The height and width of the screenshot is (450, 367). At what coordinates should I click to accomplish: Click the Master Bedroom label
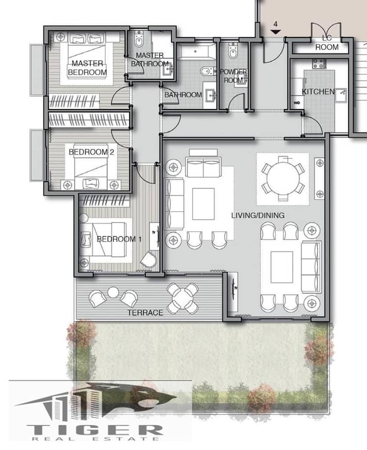(x=87, y=68)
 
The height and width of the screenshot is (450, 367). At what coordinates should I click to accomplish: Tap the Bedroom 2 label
(x=91, y=152)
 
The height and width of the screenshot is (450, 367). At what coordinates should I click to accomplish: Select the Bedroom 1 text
(x=119, y=239)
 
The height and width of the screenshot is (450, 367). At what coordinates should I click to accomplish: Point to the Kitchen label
(x=318, y=92)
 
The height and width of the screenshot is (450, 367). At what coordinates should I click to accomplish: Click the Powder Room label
(x=233, y=76)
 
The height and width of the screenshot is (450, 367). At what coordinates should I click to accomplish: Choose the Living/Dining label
(x=258, y=215)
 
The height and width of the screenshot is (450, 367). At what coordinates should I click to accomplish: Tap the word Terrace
(x=145, y=312)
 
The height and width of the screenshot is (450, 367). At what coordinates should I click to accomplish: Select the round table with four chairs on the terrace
(x=183, y=299)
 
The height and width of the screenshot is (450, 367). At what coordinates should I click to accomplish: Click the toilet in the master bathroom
(x=139, y=40)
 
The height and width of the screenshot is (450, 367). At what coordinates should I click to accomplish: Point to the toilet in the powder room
(x=233, y=51)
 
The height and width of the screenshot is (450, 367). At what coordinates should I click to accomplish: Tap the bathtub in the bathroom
(x=196, y=52)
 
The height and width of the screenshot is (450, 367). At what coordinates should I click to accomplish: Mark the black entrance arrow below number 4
(x=275, y=32)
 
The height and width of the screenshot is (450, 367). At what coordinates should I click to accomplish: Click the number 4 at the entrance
(x=275, y=24)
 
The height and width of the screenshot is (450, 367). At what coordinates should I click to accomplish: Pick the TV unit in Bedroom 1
(x=154, y=236)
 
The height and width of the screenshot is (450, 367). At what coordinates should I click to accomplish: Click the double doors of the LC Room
(x=326, y=29)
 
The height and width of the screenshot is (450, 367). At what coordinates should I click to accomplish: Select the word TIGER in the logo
(x=95, y=430)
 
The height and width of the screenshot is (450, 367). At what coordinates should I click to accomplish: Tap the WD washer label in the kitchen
(x=296, y=102)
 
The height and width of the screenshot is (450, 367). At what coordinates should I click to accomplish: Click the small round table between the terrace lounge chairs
(x=113, y=293)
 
